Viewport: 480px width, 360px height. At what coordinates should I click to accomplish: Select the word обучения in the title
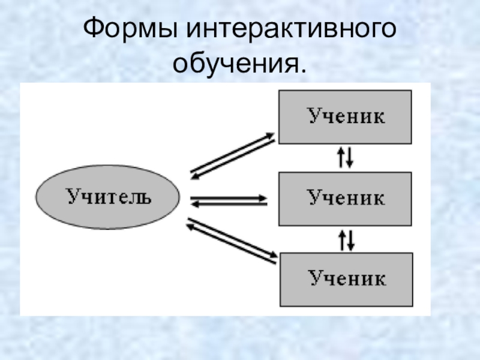[236, 64]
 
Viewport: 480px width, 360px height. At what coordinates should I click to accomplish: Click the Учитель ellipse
[108, 197]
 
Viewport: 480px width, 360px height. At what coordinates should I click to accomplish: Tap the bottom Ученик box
[346, 279]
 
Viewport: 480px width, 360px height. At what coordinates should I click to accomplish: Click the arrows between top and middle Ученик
[346, 157]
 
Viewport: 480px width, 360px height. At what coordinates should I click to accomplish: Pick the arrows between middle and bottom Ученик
[346, 239]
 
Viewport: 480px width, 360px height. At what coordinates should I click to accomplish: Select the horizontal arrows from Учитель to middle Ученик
[229, 200]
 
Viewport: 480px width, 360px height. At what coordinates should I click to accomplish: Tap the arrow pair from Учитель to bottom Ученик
[231, 241]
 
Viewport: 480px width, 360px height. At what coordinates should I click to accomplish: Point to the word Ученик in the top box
[346, 116]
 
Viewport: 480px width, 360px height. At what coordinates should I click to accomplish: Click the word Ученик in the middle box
[346, 198]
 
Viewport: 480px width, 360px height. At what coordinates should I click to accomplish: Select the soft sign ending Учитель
[146, 197]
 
